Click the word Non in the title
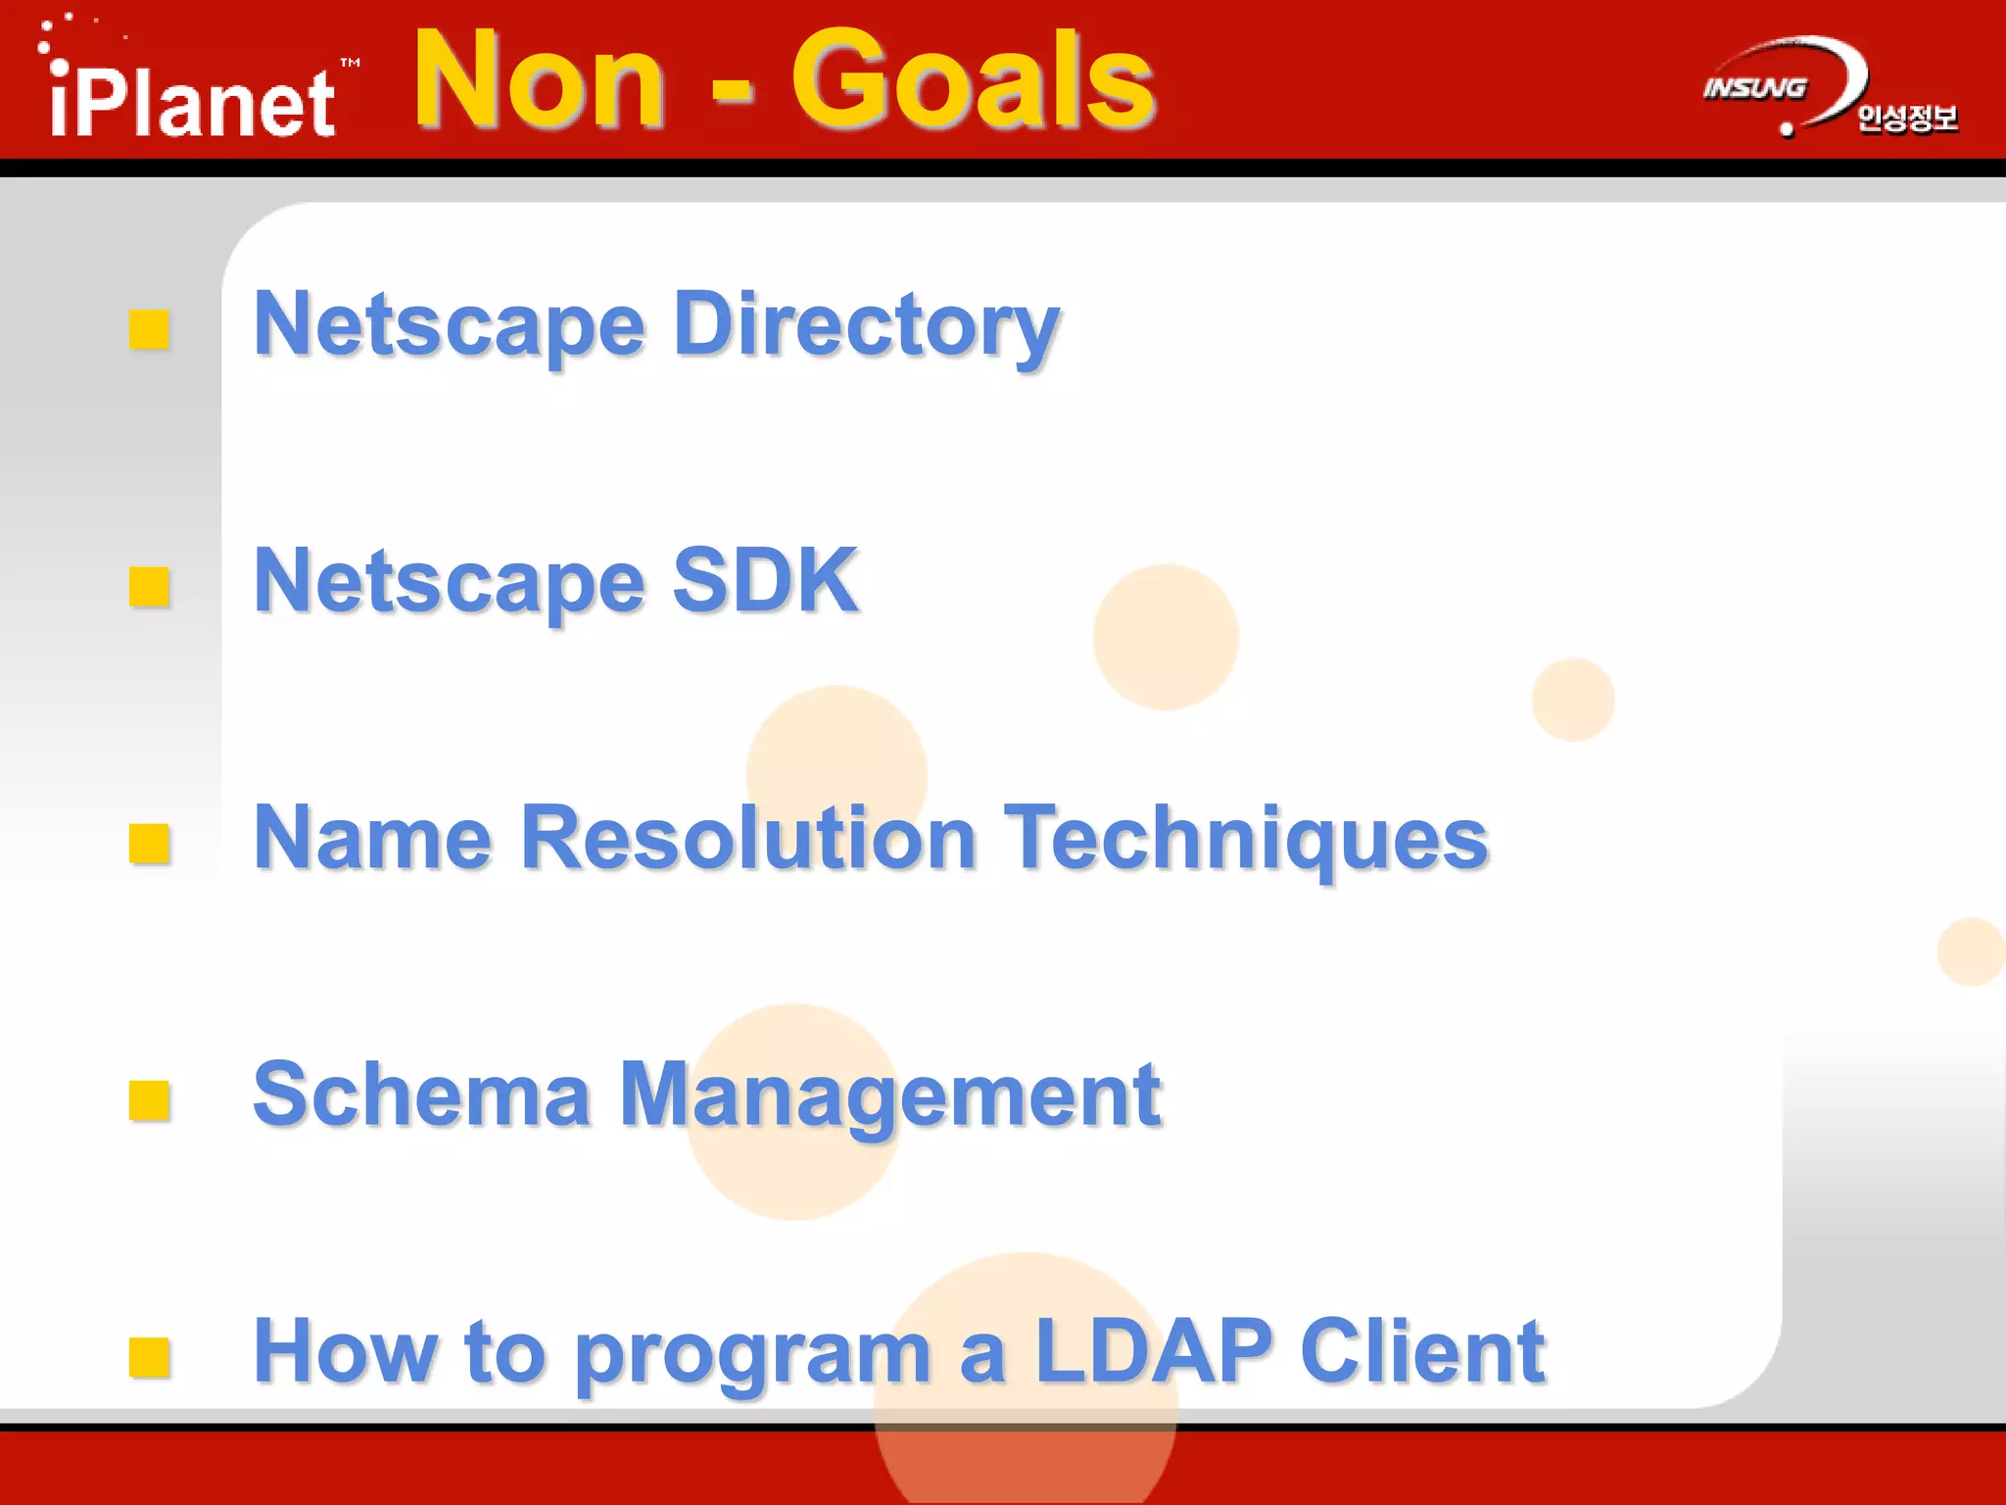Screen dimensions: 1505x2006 540,80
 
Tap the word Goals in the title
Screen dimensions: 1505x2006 973,80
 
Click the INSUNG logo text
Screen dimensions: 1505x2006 1754,88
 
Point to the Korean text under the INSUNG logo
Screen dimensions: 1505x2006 1906,119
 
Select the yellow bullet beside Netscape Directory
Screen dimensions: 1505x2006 149,330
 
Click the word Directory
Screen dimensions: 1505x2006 867,326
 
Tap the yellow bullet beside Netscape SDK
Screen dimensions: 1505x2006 149,587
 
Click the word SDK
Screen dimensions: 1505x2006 765,581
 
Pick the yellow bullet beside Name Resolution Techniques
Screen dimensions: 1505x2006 149,844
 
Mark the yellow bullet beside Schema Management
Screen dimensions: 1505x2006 149,1100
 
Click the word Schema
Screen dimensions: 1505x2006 421,1094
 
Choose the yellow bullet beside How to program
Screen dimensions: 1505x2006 149,1357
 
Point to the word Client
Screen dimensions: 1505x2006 1423,1351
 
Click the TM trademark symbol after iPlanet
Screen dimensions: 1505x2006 350,63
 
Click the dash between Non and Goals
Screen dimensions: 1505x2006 732,91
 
